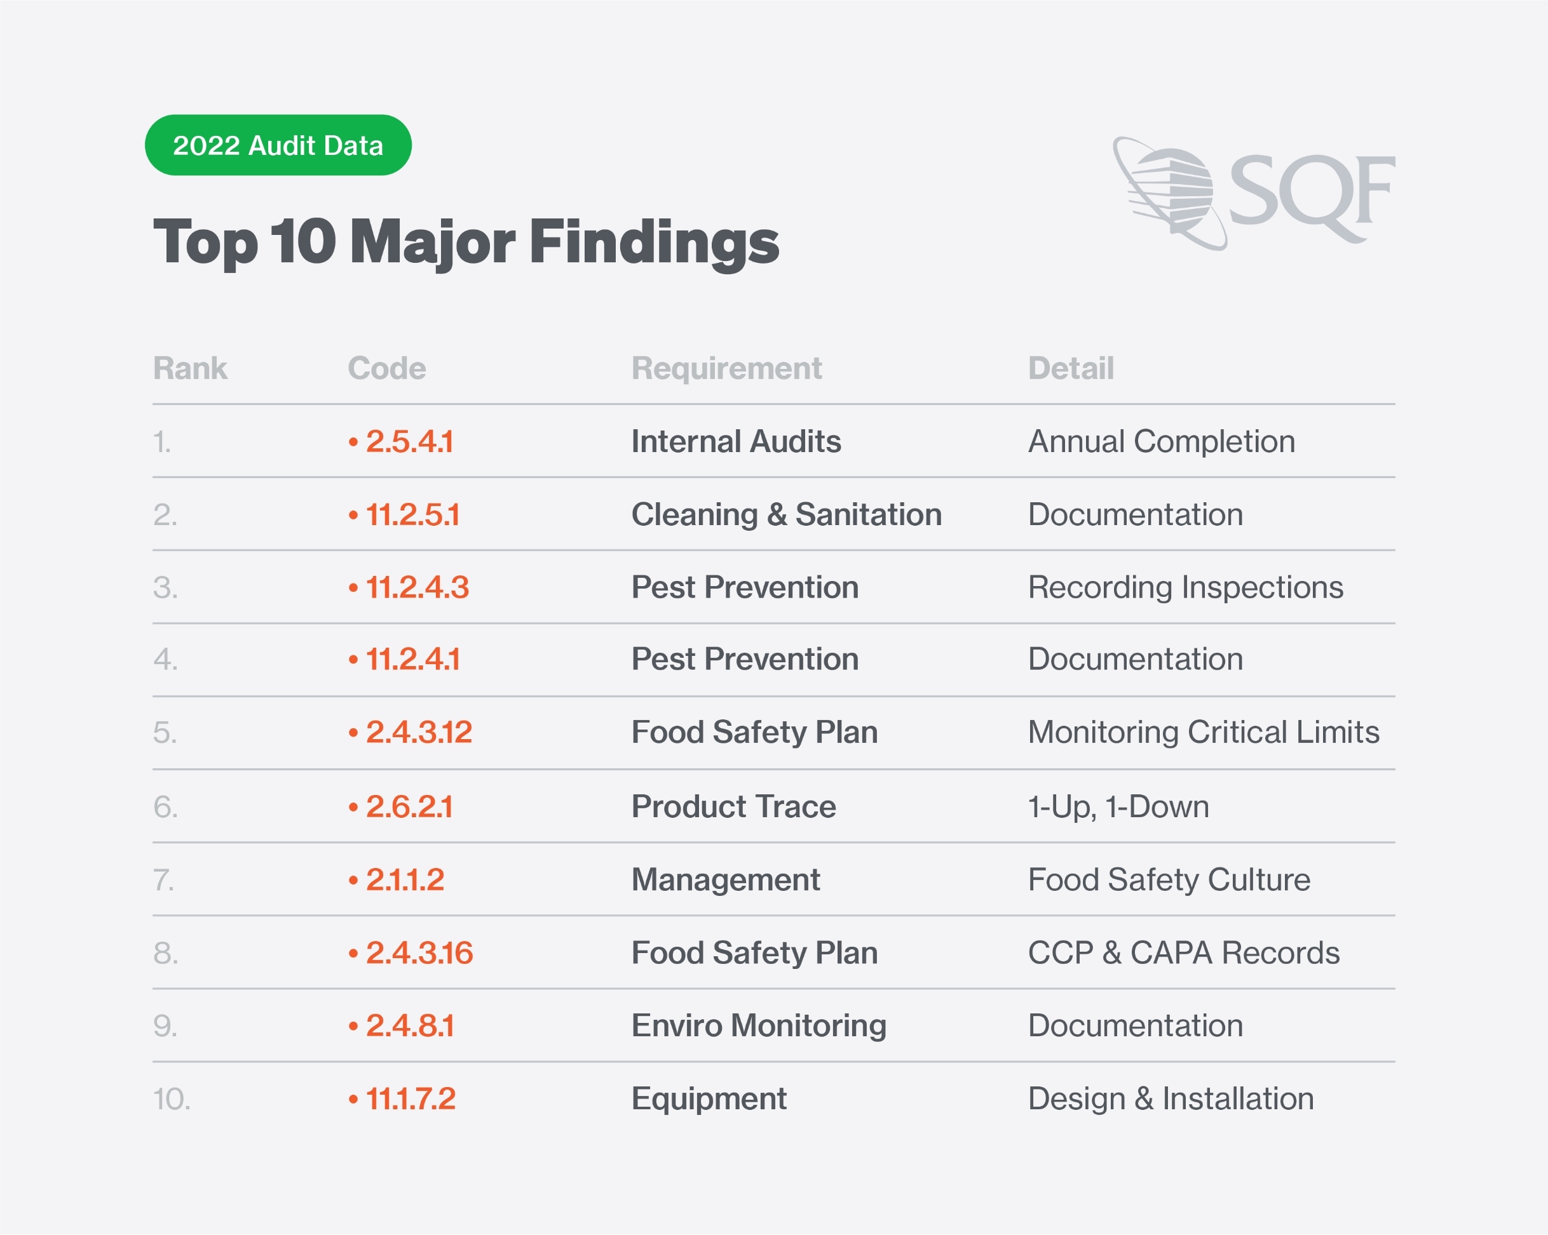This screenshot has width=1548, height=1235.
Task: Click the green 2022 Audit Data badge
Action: point(278,145)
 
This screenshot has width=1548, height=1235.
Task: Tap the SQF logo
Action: point(1253,192)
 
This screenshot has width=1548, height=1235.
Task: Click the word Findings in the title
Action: point(653,243)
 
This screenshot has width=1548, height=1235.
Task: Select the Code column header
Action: point(386,368)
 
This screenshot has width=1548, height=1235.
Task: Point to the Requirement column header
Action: point(726,368)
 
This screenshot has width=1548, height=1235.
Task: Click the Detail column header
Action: point(1070,368)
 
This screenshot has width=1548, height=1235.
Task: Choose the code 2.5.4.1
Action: point(409,441)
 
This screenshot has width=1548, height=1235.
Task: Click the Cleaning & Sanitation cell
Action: point(785,514)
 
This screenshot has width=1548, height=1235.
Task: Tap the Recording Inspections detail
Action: point(1185,587)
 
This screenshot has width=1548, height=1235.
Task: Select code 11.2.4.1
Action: point(412,658)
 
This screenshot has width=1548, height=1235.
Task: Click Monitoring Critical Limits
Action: point(1203,732)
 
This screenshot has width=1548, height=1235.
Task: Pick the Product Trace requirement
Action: point(733,806)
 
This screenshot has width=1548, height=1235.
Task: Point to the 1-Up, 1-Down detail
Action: point(1118,806)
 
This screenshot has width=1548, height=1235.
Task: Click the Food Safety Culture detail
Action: point(1168,880)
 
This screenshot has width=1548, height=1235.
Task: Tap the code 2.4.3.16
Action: point(419,953)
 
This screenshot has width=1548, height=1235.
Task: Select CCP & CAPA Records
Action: point(1183,953)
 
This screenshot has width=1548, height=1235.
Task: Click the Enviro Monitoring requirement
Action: point(758,1025)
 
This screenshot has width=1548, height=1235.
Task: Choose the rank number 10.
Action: point(171,1098)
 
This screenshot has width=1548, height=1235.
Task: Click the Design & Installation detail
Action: point(1171,1098)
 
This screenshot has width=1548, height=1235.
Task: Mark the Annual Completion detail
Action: point(1161,441)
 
